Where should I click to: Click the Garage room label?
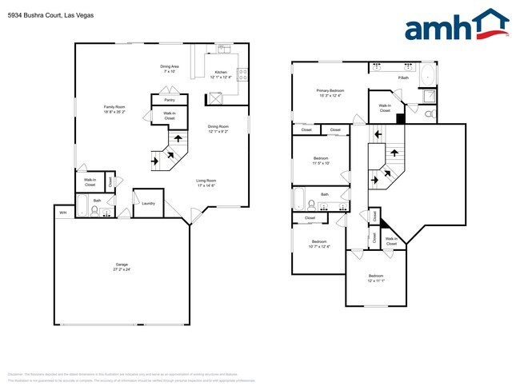122,266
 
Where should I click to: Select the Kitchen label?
222,74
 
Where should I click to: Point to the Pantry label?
170,100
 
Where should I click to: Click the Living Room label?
207,183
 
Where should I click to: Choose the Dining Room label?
218,129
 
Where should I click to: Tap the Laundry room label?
148,203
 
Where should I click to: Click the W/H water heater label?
62,213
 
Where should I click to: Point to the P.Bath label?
403,78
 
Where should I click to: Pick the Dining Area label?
169,69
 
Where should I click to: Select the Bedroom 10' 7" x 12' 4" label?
318,244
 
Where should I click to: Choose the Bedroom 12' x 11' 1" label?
376,278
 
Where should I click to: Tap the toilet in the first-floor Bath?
96,212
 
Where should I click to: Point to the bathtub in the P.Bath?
427,75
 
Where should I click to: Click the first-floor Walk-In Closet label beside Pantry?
170,116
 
